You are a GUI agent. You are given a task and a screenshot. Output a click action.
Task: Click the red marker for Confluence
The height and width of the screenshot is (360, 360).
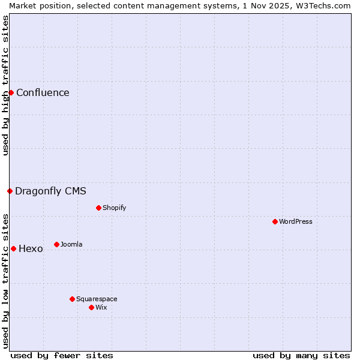coord(11,92)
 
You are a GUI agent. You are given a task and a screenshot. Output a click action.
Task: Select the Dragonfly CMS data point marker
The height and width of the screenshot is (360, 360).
coord(10,191)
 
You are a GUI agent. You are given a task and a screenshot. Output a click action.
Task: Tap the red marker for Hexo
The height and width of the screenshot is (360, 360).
coord(13,248)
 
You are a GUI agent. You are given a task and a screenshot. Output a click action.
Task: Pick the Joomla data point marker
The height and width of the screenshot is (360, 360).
coord(56,244)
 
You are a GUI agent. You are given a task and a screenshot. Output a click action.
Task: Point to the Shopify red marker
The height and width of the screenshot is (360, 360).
coord(98,208)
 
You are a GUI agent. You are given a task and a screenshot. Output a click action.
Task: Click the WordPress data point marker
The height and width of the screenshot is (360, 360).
coord(275,221)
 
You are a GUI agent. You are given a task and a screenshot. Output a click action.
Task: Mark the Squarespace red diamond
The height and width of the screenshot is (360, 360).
coord(72,299)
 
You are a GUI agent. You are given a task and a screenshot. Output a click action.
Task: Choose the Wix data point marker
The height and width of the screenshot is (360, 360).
coord(91,307)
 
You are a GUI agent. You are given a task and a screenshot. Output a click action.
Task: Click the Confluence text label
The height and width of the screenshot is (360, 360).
coord(43,92)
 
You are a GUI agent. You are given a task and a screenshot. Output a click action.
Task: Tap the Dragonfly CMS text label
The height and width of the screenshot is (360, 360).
coord(50,191)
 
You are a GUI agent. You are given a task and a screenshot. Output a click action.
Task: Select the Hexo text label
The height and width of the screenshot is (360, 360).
coord(31,248)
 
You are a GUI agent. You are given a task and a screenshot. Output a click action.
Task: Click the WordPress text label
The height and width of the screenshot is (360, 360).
coord(296,221)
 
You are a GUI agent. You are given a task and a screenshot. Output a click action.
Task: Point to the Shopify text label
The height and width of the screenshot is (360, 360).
coord(114,208)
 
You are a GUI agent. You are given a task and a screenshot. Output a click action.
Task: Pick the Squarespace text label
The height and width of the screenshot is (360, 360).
coord(97,299)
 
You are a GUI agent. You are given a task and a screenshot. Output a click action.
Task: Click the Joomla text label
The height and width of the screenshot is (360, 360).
coord(71,244)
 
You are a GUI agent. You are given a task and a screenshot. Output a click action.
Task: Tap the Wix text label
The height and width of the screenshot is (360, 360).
coord(101,307)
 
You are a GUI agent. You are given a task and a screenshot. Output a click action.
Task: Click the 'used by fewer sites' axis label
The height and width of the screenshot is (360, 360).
coord(62,355)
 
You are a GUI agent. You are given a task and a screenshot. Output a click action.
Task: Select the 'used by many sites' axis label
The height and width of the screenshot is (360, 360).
coord(301,355)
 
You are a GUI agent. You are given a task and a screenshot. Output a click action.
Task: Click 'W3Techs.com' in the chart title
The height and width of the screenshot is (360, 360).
coord(323,5)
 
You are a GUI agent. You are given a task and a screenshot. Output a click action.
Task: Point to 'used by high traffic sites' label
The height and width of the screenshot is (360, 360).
coord(5,85)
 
